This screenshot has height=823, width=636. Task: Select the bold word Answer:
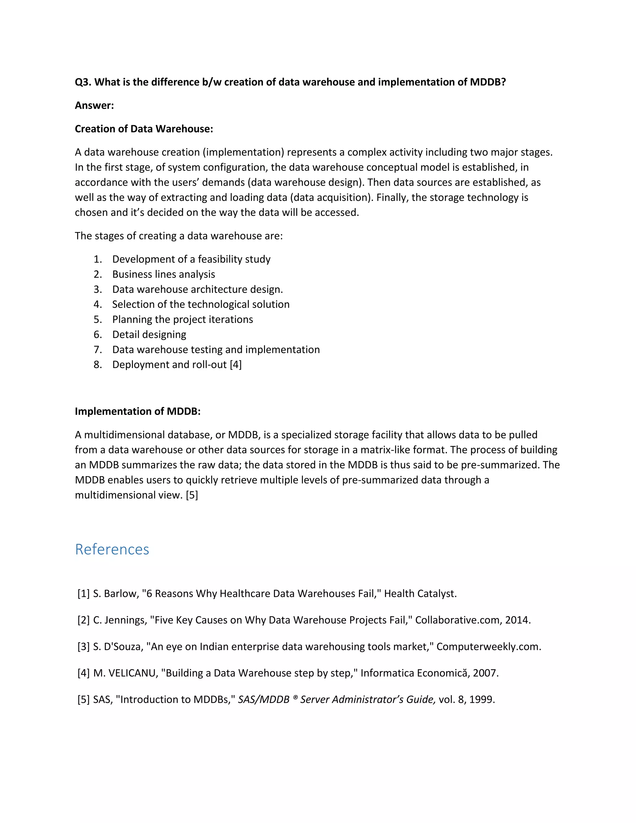(x=94, y=106)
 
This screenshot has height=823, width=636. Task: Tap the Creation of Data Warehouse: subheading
(x=144, y=129)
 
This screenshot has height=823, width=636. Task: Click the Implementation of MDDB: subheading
(x=138, y=411)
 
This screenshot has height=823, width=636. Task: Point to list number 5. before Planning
(x=98, y=320)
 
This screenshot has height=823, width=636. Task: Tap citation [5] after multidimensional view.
(x=192, y=495)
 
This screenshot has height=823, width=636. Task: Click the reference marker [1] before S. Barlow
(x=84, y=593)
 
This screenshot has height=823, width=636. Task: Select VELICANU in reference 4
(x=133, y=673)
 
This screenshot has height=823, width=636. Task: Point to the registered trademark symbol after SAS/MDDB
(x=295, y=698)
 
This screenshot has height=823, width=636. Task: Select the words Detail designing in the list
(x=149, y=334)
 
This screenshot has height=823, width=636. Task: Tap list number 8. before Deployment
(x=98, y=365)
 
